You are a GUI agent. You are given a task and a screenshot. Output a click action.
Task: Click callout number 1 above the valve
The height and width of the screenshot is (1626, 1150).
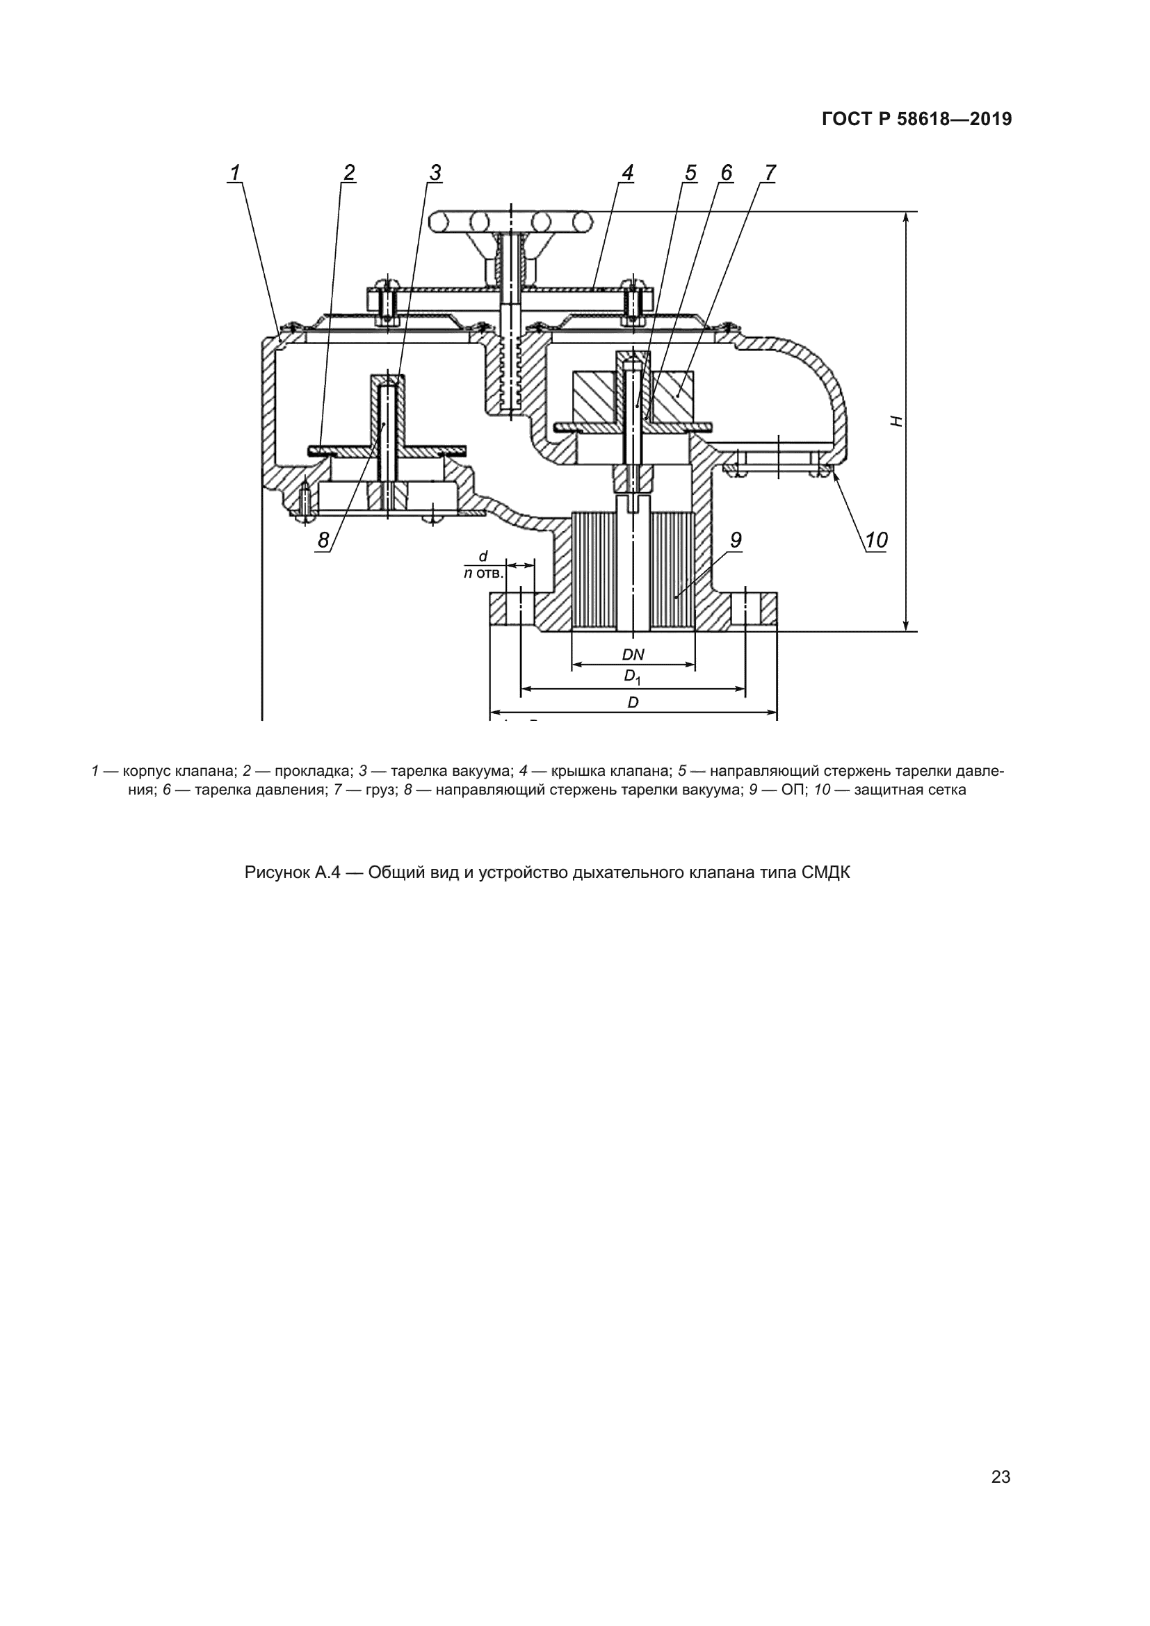[x=234, y=172]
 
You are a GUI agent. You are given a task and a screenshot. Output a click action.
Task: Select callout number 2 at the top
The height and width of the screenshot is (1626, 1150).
[x=348, y=172]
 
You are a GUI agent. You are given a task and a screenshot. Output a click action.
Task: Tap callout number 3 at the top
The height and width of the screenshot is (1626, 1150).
[x=435, y=172]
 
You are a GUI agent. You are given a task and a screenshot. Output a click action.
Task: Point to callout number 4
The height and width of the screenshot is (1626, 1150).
[x=627, y=172]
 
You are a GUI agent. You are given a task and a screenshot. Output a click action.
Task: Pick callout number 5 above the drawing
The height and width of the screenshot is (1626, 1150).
[x=690, y=172]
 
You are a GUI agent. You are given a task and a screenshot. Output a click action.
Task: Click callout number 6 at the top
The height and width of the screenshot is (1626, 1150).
[x=727, y=172]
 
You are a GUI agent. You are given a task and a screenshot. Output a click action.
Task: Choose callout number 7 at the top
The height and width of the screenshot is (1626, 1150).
[x=770, y=172]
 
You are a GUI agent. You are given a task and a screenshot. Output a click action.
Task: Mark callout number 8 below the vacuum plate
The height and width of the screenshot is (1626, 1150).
[x=323, y=540]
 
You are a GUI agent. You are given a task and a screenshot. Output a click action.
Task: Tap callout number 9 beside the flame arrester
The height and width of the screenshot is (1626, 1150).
[x=736, y=539]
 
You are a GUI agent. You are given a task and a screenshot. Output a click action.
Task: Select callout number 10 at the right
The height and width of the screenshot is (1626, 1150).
[x=877, y=540]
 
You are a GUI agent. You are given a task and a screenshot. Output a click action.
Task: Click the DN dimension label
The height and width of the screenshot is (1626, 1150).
[x=633, y=655]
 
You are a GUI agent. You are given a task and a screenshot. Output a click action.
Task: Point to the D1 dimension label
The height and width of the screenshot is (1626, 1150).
[x=632, y=677]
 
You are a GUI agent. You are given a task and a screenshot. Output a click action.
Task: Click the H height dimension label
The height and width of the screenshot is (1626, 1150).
[x=897, y=421]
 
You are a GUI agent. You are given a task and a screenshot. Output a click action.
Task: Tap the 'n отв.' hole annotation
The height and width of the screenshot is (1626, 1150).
[x=483, y=572]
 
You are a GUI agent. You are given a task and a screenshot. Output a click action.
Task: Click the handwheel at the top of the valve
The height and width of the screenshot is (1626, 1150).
[x=510, y=222]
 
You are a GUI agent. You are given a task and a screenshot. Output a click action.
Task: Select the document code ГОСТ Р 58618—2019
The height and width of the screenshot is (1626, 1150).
[x=917, y=120]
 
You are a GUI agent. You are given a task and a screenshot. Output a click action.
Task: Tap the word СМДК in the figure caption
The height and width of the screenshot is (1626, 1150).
[x=826, y=872]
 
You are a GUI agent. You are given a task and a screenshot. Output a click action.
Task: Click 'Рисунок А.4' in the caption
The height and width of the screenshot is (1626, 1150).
[x=293, y=872]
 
